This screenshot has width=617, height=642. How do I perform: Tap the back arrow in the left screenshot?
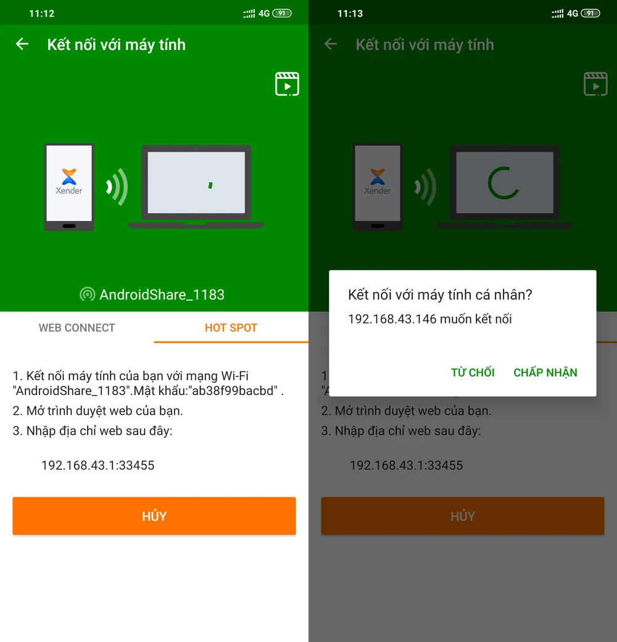coord(22,44)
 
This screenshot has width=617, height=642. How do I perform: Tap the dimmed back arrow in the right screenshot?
coord(331,44)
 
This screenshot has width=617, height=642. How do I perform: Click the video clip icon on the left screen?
coord(288,84)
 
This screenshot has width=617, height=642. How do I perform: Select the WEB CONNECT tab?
coord(77,328)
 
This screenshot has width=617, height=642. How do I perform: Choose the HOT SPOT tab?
coord(231,328)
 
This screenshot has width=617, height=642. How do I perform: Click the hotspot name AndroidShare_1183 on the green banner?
coord(162,294)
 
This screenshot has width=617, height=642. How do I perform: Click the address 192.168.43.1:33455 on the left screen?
coord(97,465)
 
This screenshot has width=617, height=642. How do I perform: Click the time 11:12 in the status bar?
coord(42,14)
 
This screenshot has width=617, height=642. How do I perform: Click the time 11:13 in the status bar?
coord(350,14)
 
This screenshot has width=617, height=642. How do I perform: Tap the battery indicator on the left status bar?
coord(283,14)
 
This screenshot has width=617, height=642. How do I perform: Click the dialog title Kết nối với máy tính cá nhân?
coord(441,294)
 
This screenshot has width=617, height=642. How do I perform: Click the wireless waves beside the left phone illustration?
coord(117,186)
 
